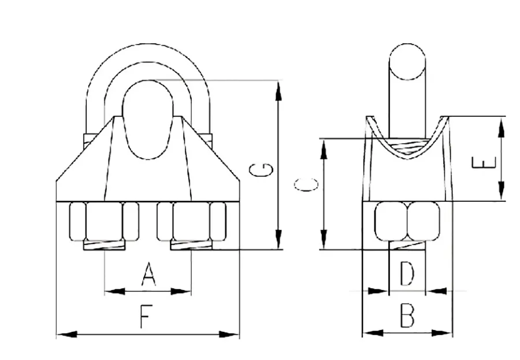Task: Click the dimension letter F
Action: tap(146, 317)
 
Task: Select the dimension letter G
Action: tap(261, 169)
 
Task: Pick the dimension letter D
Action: tap(407, 274)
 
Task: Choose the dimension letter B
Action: tap(408, 317)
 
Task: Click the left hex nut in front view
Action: tap(104, 221)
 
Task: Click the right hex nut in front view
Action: tap(190, 221)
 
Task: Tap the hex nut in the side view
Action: tap(407, 221)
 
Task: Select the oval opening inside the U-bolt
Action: tap(148, 120)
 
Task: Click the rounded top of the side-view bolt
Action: tap(407, 61)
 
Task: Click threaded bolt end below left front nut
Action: tap(104, 246)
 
